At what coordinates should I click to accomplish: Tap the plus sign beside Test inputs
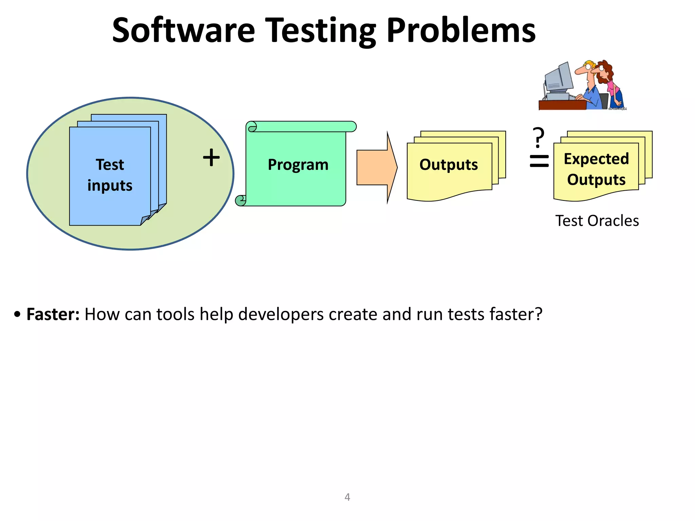point(211,158)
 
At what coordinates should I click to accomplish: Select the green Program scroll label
point(298,165)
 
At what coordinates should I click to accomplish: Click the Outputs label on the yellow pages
point(448,165)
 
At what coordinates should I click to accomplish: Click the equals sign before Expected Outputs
point(539,161)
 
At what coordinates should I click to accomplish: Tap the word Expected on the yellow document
point(596,159)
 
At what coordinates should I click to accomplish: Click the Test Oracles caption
point(597,221)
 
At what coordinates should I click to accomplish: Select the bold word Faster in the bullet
point(53,314)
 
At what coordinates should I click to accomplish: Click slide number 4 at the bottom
point(347,497)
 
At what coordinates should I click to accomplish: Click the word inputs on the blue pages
point(110,186)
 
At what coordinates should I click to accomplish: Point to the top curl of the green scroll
point(252,127)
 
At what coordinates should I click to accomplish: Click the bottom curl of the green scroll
point(241,201)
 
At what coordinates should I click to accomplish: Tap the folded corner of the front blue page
point(145,220)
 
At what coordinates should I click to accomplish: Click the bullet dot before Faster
point(17,314)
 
